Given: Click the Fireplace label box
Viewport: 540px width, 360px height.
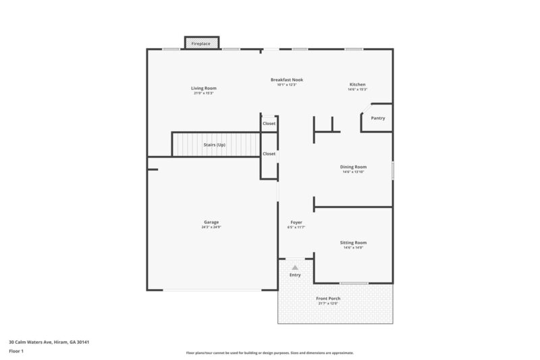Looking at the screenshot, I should pos(201,43).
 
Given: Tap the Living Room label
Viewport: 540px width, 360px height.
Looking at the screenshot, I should pos(203,88).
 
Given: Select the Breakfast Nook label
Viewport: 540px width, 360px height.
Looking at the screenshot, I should pos(287,80).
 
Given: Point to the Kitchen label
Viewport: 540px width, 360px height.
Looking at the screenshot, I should pos(357,84).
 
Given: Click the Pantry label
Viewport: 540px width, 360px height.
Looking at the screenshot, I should pos(378,118).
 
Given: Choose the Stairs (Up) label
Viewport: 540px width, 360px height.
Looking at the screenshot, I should pos(215,145).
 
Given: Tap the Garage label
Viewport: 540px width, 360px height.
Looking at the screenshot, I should pos(211,222).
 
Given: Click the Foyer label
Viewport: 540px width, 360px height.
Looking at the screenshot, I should pos(296,222).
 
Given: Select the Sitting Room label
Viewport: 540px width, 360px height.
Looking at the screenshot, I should pos(353,242).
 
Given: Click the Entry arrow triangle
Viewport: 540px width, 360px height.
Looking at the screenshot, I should pos(295,267).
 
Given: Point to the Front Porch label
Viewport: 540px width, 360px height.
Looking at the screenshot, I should pos(328,298).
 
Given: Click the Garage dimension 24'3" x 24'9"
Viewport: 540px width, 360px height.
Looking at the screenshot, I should pos(211,227).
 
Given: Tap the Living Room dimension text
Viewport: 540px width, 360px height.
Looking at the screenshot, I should pos(203,93).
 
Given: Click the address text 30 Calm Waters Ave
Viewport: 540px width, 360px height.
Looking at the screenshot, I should pos(49,342).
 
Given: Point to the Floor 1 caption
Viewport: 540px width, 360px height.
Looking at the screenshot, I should pos(17,352).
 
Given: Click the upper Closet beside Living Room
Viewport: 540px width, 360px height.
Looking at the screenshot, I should pos(269,124).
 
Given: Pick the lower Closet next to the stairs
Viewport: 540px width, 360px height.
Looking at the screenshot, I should pos(269,154).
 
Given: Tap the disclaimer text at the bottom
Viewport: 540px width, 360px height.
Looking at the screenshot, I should pos(269,353).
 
